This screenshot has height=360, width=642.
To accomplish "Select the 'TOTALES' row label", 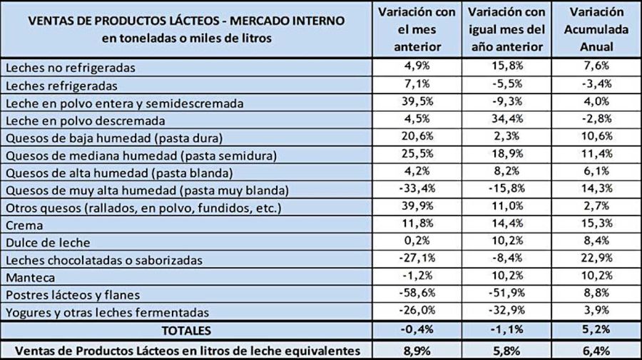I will click(186, 331).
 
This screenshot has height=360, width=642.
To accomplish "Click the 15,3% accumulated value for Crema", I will click(598, 225).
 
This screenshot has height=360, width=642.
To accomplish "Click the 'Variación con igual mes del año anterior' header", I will click(506, 29).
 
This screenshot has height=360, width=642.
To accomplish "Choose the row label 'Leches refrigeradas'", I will click(61, 86).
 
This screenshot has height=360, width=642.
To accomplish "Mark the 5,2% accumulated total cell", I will click(598, 331).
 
